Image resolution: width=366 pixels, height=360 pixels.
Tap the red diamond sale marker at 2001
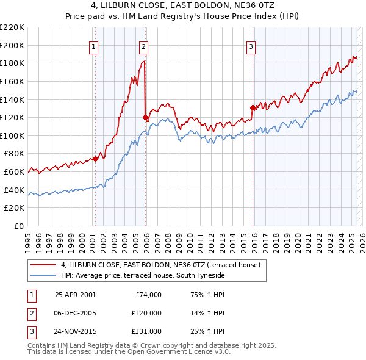[95, 159]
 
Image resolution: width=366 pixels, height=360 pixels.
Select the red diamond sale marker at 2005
[145, 117]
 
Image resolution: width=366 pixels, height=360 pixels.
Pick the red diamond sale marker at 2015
[253, 107]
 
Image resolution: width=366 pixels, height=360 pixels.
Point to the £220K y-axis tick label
[12, 27]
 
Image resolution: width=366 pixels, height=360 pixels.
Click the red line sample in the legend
[43, 265]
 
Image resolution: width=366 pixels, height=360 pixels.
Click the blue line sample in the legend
[43, 275]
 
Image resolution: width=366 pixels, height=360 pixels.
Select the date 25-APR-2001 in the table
[75, 295]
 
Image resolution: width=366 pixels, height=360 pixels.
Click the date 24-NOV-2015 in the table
[75, 331]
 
